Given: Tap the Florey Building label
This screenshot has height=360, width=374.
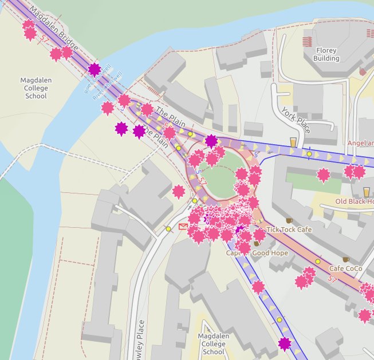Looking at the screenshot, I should pyautogui.click(x=326, y=54).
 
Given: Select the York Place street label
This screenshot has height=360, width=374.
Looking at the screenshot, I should pyautogui.click(x=296, y=120).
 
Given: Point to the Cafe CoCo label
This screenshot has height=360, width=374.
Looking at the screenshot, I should pyautogui.click(x=345, y=268).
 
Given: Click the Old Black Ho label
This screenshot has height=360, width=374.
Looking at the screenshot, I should pyautogui.click(x=355, y=201).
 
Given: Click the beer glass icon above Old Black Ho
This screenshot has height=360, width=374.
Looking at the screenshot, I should pyautogui.click(x=367, y=191).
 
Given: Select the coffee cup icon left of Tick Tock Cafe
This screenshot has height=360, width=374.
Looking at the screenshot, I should pyautogui.click(x=289, y=220).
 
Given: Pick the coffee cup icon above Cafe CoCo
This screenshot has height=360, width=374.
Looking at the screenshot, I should pyautogui.click(x=346, y=259).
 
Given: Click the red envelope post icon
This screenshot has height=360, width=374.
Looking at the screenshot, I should pyautogui.click(x=183, y=227).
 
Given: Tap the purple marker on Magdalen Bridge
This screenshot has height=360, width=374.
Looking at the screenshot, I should pyautogui.click(x=95, y=70).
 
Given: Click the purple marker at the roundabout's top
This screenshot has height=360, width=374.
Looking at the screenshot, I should pyautogui.click(x=211, y=140).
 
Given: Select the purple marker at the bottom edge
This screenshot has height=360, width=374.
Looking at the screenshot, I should pyautogui.click(x=285, y=344).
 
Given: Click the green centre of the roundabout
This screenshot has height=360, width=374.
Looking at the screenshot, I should pyautogui.click(x=221, y=177).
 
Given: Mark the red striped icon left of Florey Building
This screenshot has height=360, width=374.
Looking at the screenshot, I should pyautogui.click(x=307, y=41).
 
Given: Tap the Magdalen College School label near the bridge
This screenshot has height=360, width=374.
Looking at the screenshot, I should pyautogui.click(x=36, y=88).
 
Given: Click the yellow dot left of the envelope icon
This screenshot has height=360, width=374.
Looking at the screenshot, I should pyautogui.click(x=168, y=229).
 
